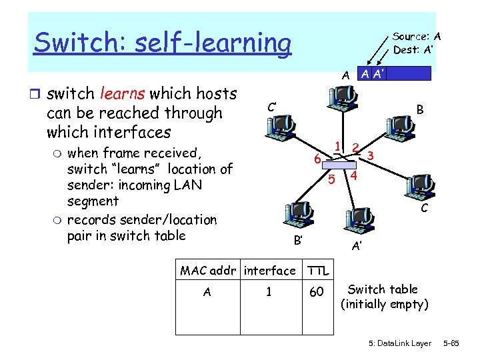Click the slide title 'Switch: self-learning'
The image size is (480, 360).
pyautogui.click(x=163, y=43)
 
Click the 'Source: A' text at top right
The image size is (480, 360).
pyautogui.click(x=417, y=37)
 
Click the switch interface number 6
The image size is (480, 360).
pyautogui.click(x=318, y=159)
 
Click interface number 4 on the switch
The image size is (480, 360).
pyautogui.click(x=354, y=176)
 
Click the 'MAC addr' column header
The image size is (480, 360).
pyautogui.click(x=209, y=271)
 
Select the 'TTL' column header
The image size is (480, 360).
pyautogui.click(x=318, y=271)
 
